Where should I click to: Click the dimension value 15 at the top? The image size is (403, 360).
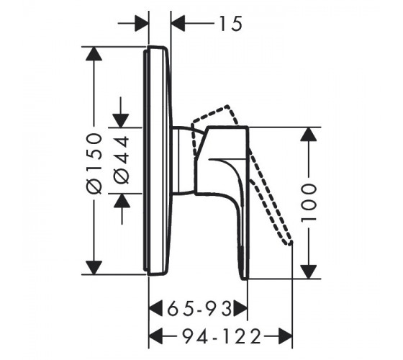point(230,23)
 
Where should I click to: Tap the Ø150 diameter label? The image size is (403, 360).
point(94,163)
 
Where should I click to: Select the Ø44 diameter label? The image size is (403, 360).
point(122,160)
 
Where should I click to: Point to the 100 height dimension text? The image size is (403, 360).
point(308,202)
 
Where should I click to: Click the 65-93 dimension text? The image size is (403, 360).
point(200,309)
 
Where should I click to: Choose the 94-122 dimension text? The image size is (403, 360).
point(222,336)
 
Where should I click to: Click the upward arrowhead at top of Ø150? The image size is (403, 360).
point(94,54)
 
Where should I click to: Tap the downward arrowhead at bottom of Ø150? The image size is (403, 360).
point(94,268)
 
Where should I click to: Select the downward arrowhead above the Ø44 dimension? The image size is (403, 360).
point(121,120)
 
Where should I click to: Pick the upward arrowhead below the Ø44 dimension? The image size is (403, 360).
point(122,200)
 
